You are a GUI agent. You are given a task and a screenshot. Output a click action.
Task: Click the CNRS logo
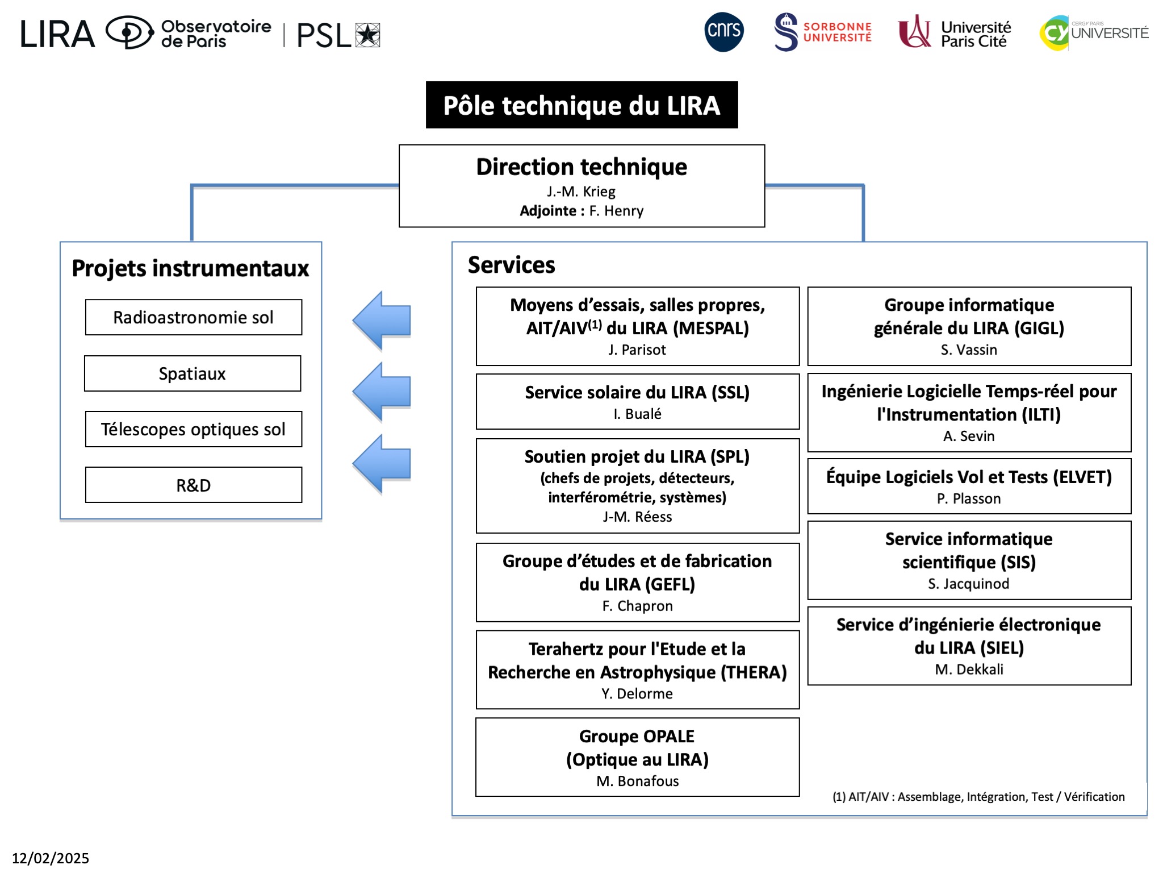click(724, 32)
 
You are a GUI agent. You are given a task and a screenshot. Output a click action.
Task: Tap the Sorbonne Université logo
click(823, 32)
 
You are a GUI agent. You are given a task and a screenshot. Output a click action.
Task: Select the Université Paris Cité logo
click(955, 32)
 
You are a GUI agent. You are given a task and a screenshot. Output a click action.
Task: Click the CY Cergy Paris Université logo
click(1094, 33)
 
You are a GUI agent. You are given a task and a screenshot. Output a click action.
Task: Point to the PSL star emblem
click(368, 35)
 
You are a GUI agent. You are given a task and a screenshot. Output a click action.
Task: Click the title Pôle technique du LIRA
click(581, 105)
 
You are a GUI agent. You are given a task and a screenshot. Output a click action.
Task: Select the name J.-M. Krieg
click(581, 192)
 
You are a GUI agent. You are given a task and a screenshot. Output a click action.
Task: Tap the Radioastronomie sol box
click(194, 317)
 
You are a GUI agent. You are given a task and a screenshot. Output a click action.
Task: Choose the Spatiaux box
click(193, 373)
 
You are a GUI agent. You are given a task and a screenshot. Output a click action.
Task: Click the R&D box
click(194, 485)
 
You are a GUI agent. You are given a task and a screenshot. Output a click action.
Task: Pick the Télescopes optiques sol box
click(194, 429)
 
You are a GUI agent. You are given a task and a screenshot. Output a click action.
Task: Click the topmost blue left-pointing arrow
click(382, 321)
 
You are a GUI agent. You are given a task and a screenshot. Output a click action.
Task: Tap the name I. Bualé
click(637, 414)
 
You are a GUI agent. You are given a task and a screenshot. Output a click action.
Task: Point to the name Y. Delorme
click(637, 693)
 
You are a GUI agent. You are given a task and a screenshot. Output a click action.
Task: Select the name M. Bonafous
click(637, 781)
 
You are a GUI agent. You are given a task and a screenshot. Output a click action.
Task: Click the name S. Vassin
click(969, 350)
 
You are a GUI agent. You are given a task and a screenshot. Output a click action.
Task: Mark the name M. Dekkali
click(969, 669)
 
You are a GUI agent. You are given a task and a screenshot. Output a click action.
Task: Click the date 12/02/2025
click(51, 858)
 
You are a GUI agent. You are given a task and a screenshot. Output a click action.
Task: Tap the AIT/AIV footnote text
click(978, 796)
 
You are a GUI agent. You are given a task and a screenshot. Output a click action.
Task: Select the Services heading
click(511, 265)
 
